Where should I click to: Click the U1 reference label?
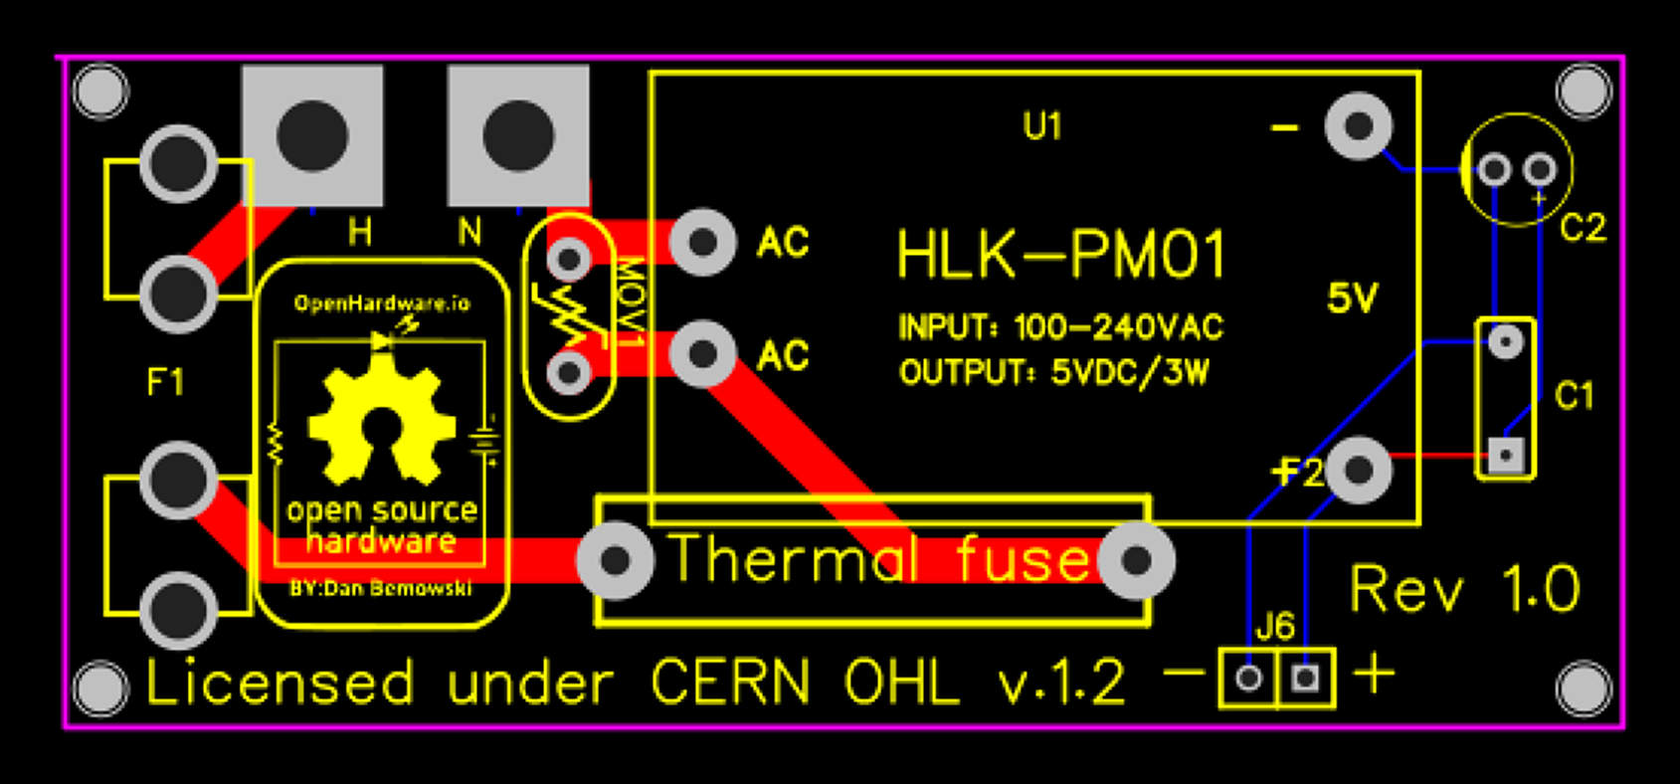(x=1042, y=126)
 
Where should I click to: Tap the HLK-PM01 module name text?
(x=1060, y=256)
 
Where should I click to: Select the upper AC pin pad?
(x=703, y=242)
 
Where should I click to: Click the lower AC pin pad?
(x=703, y=353)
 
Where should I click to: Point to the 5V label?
(x=1353, y=297)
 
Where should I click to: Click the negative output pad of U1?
(x=1359, y=126)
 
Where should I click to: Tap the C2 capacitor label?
(x=1582, y=228)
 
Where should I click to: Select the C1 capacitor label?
(x=1574, y=396)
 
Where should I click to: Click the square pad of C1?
(x=1506, y=455)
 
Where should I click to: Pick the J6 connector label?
(x=1275, y=627)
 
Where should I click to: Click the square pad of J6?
(x=1305, y=679)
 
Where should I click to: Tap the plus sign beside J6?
(x=1374, y=675)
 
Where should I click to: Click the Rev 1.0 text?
(x=1464, y=589)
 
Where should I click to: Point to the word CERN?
(x=730, y=683)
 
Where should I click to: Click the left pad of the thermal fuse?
(x=616, y=561)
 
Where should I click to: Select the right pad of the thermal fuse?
(x=1136, y=561)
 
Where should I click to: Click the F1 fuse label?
(x=165, y=382)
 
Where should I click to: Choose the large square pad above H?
(x=312, y=135)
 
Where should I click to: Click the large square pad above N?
(x=518, y=135)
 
